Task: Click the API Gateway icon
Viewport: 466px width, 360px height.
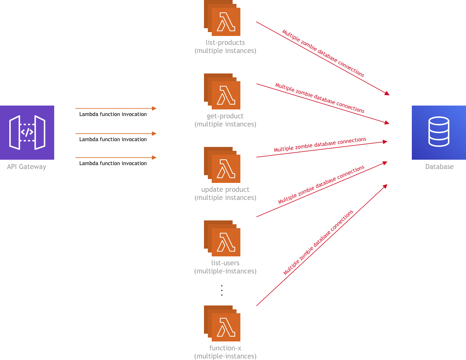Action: tap(27, 133)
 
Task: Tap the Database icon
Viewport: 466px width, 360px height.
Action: tap(439, 133)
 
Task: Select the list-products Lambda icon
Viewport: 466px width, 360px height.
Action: tap(223, 19)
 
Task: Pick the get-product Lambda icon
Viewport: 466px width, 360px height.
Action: tap(223, 92)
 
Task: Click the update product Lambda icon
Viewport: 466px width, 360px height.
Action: tap(223, 165)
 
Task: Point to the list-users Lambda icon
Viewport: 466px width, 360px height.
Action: tap(223, 239)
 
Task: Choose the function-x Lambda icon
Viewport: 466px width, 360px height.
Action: tap(223, 324)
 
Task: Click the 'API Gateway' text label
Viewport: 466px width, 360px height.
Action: tap(27, 167)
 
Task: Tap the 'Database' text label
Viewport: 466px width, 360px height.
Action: tap(439, 167)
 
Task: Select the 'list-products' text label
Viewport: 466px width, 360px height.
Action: tap(225, 43)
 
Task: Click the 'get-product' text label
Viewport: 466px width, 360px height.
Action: tap(225, 116)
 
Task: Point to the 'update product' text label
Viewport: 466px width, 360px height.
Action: tap(225, 189)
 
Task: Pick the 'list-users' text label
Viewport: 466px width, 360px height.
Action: tap(225, 263)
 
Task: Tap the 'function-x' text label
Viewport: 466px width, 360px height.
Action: tap(225, 348)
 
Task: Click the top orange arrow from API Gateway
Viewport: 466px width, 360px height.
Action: tap(116, 109)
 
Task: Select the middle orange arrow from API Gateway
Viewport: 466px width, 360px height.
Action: tap(116, 133)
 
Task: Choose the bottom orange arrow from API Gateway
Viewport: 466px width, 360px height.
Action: tap(116, 157)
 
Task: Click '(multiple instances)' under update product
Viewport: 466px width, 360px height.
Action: tap(225, 198)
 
